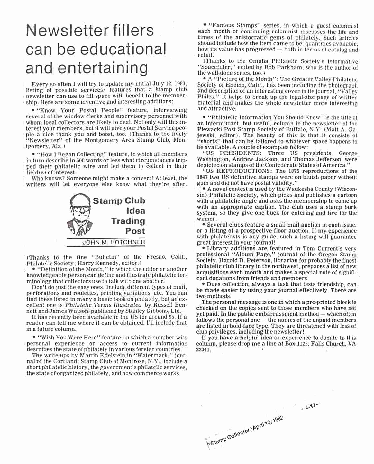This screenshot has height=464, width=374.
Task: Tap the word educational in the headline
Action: click(122, 50)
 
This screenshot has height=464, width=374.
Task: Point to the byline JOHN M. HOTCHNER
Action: click(114, 242)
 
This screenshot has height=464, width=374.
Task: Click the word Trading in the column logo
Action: click(128, 221)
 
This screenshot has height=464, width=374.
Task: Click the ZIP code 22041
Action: click(203, 350)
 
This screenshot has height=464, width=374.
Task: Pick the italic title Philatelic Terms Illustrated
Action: click(103, 305)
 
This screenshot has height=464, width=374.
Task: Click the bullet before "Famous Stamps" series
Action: click(205, 25)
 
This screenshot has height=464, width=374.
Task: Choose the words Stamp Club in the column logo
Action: click(119, 201)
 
